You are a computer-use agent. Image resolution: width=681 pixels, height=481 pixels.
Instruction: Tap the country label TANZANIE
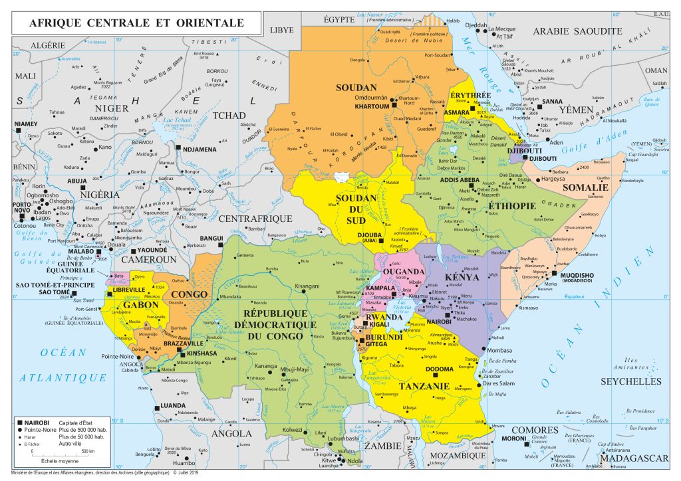point(422,385)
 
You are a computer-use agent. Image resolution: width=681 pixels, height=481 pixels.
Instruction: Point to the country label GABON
point(140,304)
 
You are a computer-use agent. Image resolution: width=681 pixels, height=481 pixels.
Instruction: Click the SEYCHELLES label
point(631,381)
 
